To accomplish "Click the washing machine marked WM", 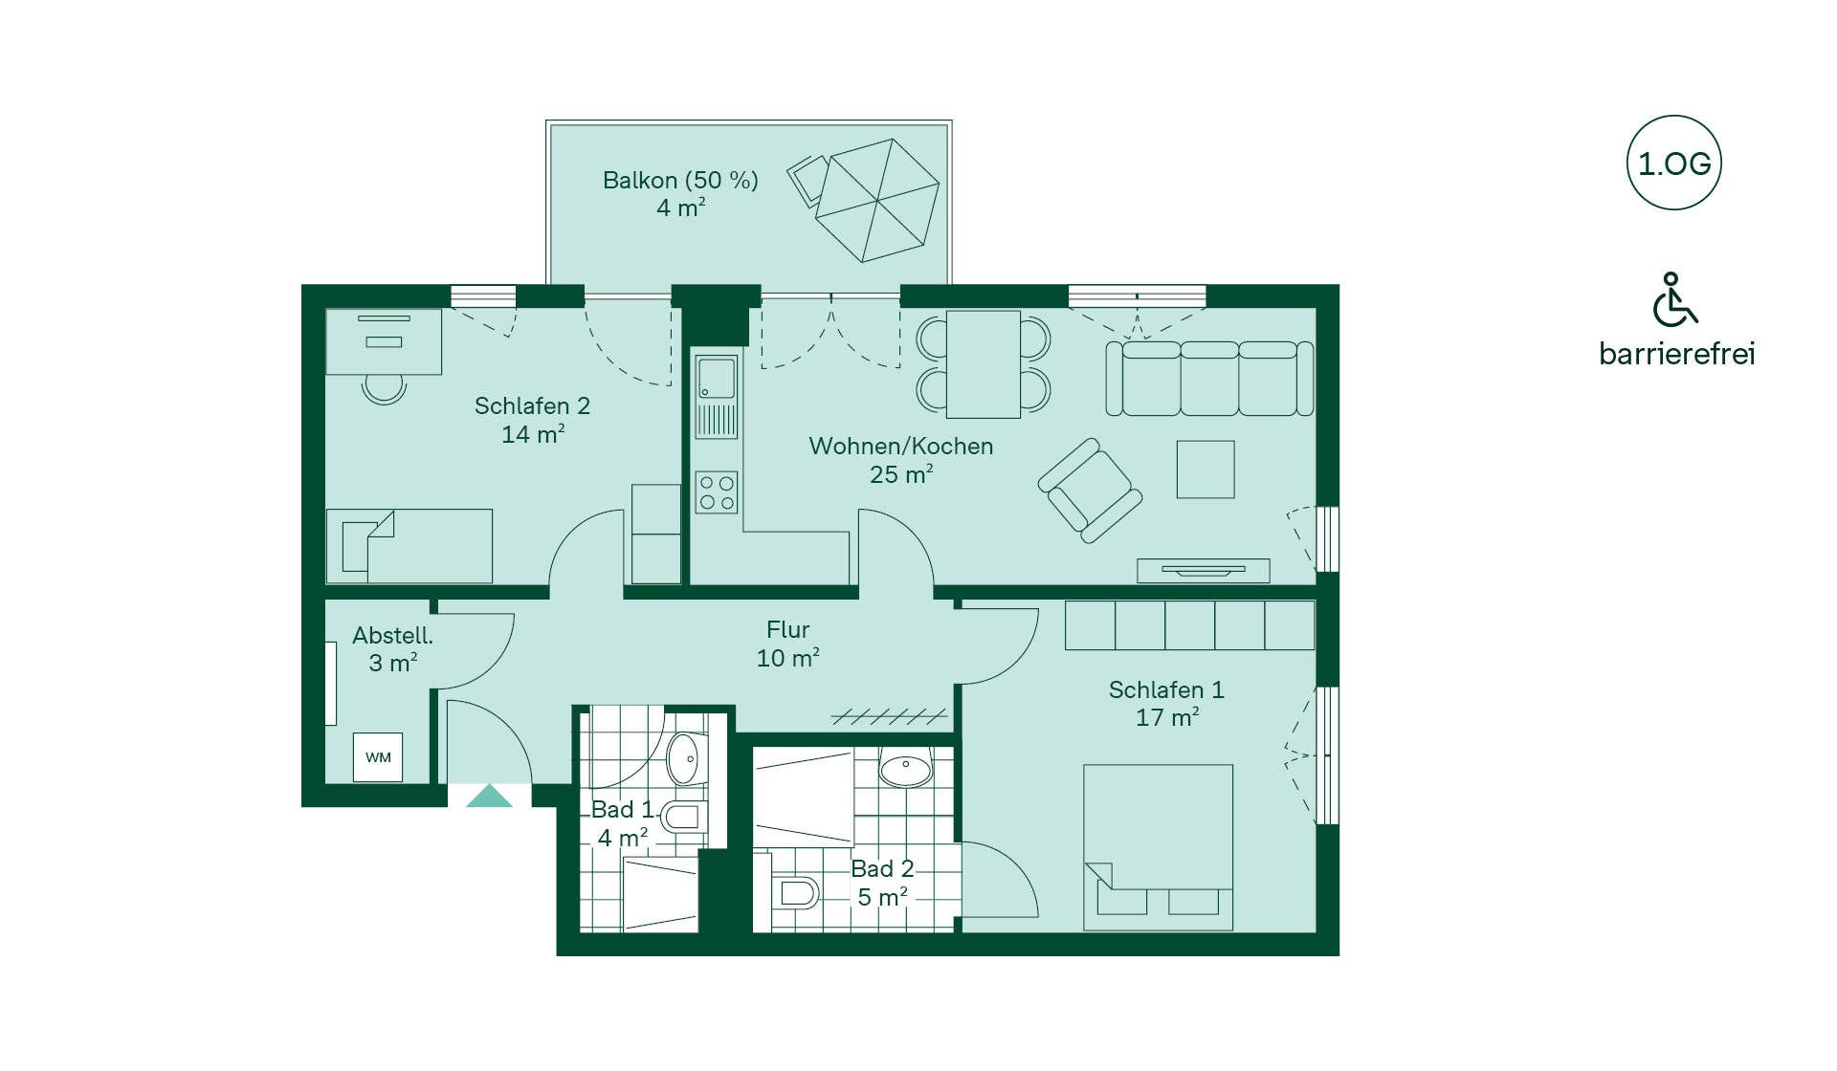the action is [378, 757].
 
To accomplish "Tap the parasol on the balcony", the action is [877, 200].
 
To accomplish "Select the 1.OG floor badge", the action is [1673, 164].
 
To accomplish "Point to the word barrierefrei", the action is [1677, 354].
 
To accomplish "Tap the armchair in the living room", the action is [1090, 490].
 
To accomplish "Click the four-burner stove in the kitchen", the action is [717, 492].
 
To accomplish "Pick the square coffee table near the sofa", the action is [1206, 470].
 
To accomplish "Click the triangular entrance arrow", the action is [489, 796].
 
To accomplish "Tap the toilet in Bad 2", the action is [795, 893].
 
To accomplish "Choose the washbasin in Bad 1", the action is [686, 759].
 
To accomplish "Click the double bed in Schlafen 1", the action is [1158, 847].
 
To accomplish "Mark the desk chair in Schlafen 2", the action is [385, 388].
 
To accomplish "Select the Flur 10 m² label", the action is [788, 644].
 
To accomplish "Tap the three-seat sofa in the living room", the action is [1209, 379].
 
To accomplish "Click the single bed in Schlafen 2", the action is [409, 546].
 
